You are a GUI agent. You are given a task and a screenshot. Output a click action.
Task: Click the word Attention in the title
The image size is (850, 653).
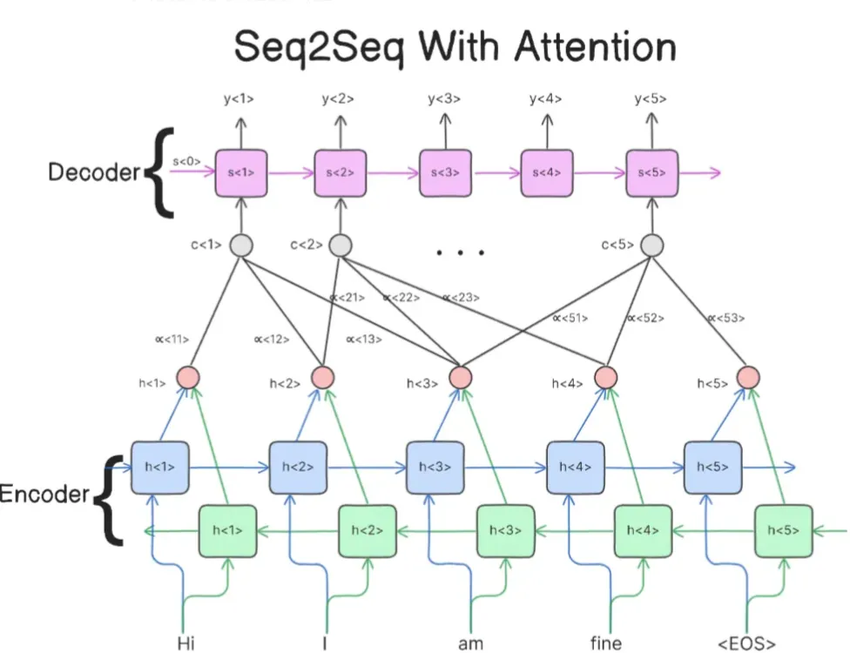tap(595, 48)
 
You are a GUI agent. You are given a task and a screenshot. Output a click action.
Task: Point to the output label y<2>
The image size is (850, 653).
tap(338, 99)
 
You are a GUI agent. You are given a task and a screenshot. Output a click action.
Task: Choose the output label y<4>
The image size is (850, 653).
tap(546, 99)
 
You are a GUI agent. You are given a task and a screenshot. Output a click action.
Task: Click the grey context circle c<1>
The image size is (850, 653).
tap(241, 246)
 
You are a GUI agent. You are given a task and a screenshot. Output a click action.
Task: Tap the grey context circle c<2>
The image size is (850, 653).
tap(341, 246)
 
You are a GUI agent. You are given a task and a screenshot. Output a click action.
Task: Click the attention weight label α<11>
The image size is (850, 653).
tap(175, 340)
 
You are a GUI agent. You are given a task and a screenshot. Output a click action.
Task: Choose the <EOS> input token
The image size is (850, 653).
tap(746, 643)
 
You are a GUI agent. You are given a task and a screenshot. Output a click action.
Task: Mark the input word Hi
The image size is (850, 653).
tap(186, 643)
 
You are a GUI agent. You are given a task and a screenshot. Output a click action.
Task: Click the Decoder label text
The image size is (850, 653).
tap(93, 172)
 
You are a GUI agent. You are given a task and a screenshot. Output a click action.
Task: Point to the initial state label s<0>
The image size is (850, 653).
tap(186, 161)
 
